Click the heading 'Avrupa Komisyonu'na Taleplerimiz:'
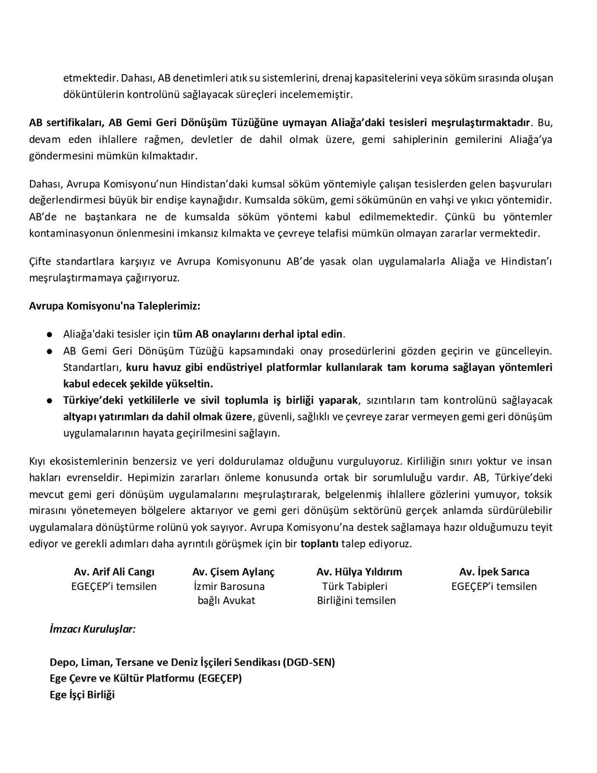click(x=114, y=306)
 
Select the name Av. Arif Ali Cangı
click(x=114, y=572)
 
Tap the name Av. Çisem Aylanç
click(x=233, y=572)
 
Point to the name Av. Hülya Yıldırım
click(x=359, y=572)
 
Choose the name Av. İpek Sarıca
click(x=494, y=572)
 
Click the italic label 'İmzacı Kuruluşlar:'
click(x=92, y=629)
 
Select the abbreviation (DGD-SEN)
click(x=309, y=662)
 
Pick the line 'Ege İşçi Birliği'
click(x=82, y=695)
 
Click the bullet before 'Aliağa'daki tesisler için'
click(x=50, y=334)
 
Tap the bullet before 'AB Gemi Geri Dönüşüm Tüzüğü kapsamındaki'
click(x=50, y=351)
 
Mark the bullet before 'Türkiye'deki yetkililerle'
click(x=50, y=401)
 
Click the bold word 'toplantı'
click(x=319, y=544)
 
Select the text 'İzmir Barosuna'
click(x=229, y=586)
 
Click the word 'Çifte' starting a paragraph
click(x=41, y=261)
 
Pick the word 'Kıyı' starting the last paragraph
click(x=37, y=461)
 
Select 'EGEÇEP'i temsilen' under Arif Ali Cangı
click(x=114, y=586)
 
